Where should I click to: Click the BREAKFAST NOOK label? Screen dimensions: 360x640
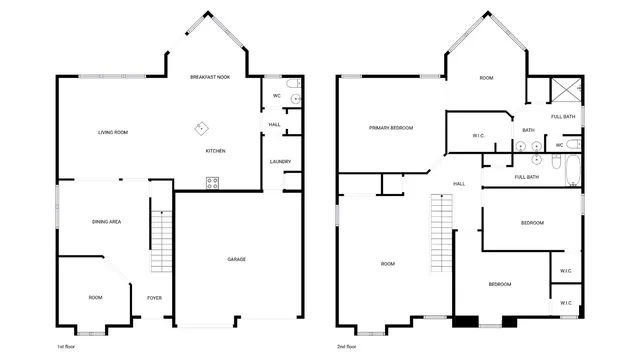click(211, 77)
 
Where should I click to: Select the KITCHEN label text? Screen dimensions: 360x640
click(215, 151)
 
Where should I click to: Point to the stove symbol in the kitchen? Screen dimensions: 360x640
click(212, 181)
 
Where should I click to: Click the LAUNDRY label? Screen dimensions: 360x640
click(280, 162)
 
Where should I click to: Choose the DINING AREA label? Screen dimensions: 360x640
click(106, 221)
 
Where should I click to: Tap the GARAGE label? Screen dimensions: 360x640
click(237, 259)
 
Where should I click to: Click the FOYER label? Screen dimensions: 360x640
click(155, 297)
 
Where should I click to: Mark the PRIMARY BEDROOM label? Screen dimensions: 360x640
click(391, 128)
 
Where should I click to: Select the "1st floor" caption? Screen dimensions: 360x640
click(67, 345)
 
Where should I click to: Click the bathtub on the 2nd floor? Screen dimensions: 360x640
click(571, 170)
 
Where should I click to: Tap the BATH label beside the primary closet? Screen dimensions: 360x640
click(528, 130)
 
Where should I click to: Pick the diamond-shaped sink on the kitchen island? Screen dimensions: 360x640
click(200, 127)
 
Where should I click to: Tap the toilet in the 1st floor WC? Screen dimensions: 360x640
click(292, 95)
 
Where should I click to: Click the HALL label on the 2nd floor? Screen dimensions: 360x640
click(460, 184)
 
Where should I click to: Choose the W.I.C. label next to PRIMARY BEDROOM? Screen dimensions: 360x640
click(479, 136)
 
